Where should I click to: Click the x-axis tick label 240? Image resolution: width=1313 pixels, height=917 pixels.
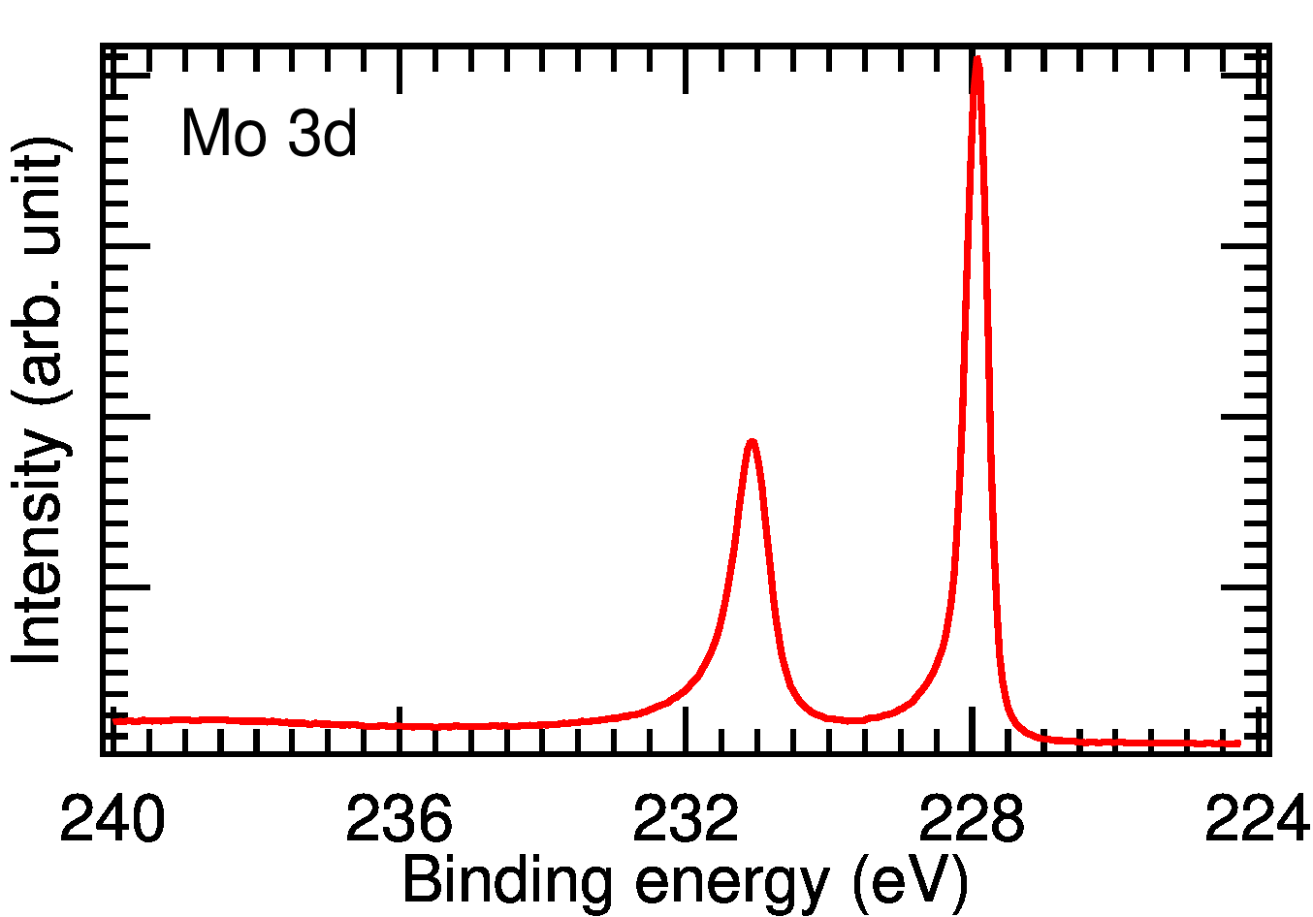coord(113,820)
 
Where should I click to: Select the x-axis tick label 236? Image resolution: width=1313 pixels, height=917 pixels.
coord(400,820)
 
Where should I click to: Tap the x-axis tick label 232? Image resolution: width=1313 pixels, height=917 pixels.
coord(686,820)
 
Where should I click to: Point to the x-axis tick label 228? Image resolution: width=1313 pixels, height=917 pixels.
coord(972,820)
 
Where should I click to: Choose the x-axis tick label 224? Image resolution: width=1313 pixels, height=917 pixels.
coord(1257,820)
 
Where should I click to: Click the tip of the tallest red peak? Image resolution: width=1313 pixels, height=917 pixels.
coord(977,59)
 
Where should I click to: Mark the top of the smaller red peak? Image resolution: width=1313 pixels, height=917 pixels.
coord(752,442)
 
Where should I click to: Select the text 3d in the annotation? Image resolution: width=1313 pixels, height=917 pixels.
coord(324,134)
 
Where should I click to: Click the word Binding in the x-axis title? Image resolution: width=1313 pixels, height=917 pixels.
coord(506,883)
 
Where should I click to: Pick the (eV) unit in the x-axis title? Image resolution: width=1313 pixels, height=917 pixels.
coord(910,883)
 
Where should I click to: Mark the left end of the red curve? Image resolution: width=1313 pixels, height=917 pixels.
coord(114,720)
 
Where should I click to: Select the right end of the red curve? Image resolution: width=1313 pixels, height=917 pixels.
coord(1239,743)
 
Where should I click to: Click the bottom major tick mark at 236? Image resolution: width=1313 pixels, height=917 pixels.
coord(400,730)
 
